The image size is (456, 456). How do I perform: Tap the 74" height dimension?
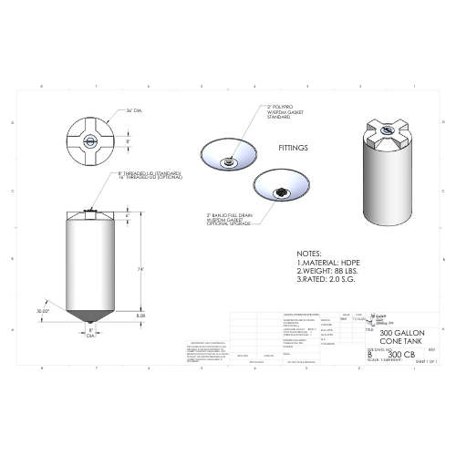pyautogui.click(x=142, y=270)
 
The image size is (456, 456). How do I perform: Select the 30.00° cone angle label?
pyautogui.click(x=43, y=311)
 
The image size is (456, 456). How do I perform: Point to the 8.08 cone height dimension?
pyautogui.click(x=141, y=315)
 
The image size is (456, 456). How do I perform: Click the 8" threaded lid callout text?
pyautogui.click(x=150, y=174)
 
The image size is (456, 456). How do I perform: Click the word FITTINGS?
pyautogui.click(x=293, y=147)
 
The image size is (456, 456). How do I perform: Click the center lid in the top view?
pyautogui.click(x=92, y=141)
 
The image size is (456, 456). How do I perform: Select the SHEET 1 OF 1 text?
pyautogui.click(x=427, y=362)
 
